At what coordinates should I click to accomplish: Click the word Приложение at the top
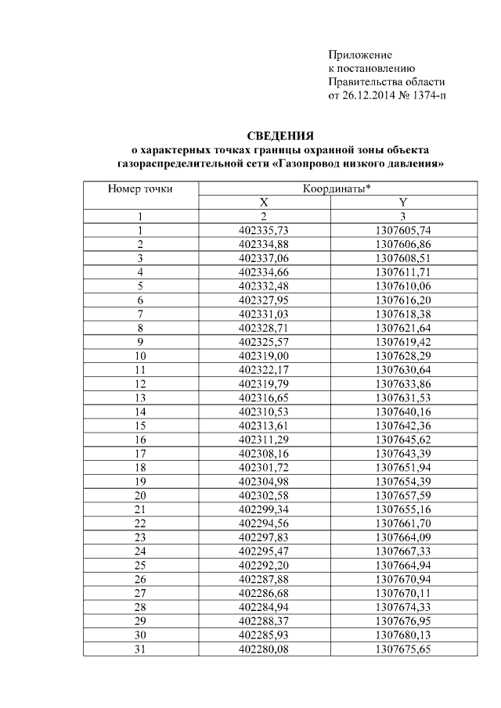[359, 55]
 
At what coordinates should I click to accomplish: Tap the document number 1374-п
[428, 96]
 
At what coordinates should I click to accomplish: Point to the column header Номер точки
[141, 189]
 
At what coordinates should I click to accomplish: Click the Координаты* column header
[337, 189]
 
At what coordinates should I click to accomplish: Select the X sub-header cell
[265, 203]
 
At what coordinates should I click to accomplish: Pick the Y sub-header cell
[403, 203]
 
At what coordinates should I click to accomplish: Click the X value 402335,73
[265, 230]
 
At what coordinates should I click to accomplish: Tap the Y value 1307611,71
[403, 271]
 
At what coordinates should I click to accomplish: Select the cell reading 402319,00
[265, 355]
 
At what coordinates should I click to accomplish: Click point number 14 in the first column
[141, 411]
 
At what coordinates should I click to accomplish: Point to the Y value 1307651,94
[403, 466]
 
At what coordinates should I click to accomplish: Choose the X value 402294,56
[265, 522]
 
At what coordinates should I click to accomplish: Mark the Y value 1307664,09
[403, 536]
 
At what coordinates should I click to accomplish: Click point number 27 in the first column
[141, 591]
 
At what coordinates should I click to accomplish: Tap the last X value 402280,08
[265, 647]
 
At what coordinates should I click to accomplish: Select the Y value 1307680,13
[403, 633]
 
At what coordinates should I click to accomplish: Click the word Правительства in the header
[361, 82]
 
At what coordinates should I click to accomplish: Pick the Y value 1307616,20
[403, 300]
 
